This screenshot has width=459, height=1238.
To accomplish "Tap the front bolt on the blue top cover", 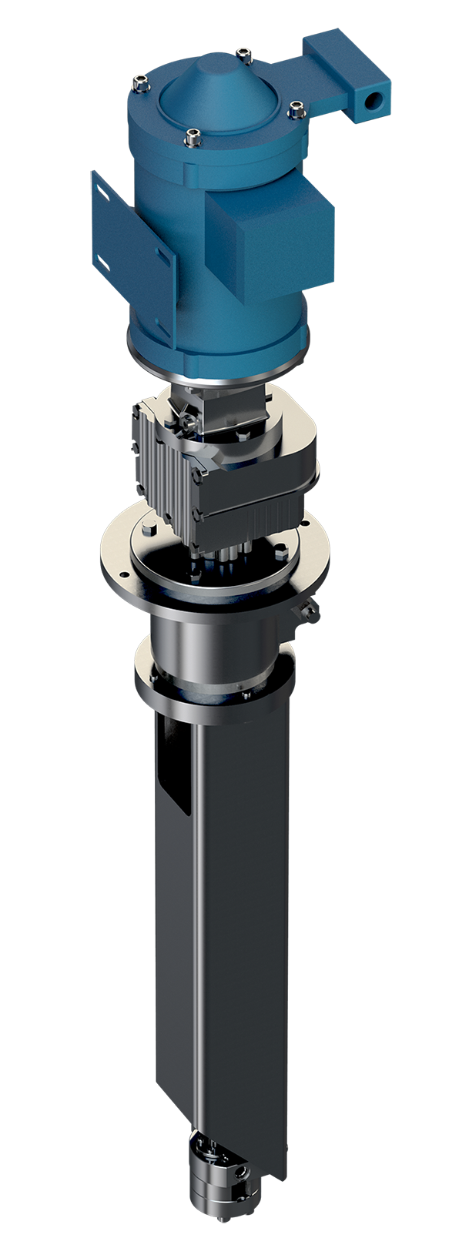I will point(193,138).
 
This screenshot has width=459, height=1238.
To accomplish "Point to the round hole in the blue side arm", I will point(375,100).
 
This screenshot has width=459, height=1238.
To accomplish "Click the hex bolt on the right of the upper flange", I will point(280,551).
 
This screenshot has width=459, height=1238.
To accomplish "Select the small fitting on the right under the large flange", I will point(307,611).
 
